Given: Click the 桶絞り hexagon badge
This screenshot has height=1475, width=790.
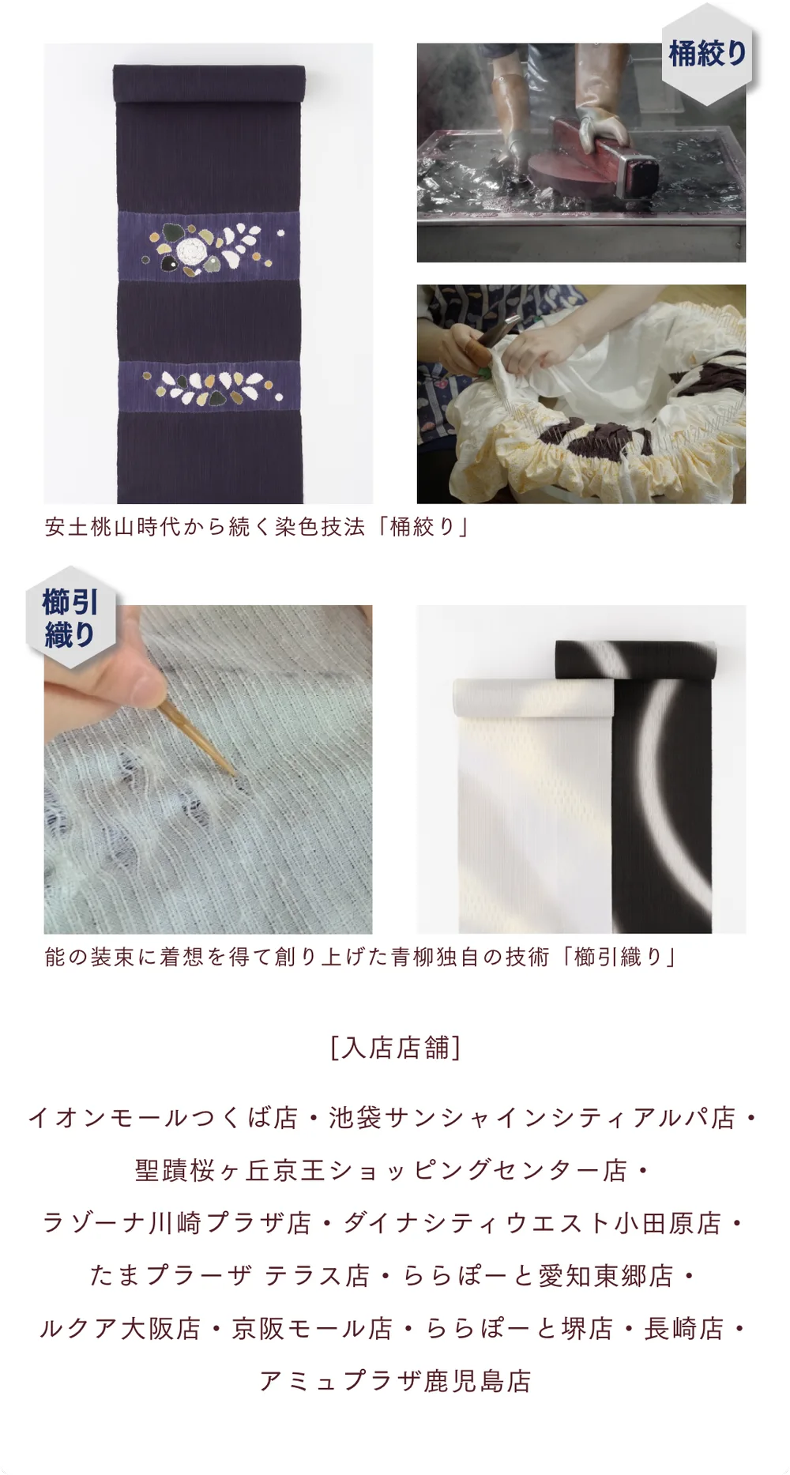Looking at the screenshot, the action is (x=707, y=54).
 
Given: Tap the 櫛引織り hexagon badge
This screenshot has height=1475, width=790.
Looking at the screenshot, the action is (x=71, y=618).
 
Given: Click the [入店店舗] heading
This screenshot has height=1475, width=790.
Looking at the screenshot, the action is (x=395, y=1048).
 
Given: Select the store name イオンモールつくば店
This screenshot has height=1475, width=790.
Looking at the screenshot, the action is (x=163, y=1118).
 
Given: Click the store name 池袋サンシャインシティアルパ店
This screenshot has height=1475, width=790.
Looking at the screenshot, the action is (x=532, y=1118).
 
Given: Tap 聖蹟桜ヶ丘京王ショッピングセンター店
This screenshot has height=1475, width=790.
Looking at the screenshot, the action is (x=381, y=1170).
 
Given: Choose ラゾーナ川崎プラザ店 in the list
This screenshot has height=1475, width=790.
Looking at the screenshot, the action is (x=177, y=1223).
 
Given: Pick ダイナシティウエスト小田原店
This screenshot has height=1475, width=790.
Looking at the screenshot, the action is (x=532, y=1223).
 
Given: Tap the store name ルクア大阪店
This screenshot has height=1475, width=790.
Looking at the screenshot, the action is (x=120, y=1329).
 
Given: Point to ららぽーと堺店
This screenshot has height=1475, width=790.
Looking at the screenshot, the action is (x=519, y=1329).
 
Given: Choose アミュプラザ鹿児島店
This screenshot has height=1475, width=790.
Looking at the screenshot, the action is (x=395, y=1381).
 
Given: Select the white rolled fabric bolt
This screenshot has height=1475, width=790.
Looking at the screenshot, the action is (x=533, y=806).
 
